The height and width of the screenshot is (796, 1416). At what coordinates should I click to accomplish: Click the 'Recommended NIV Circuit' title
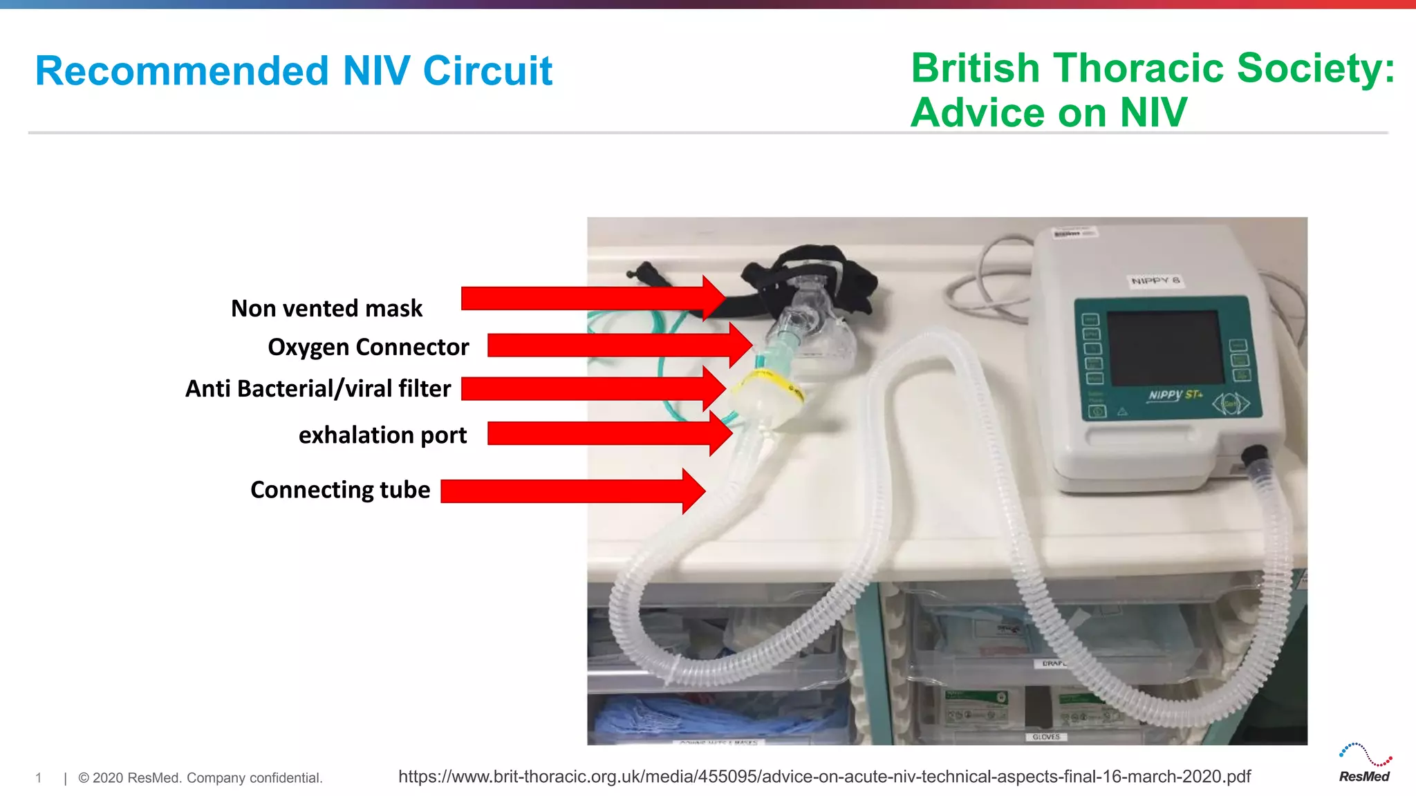293,71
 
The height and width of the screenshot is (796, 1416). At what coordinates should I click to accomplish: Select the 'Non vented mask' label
326,308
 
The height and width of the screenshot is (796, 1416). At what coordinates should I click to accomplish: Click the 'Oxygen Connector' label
368,347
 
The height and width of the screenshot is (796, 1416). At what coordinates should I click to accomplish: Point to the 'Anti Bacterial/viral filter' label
318,388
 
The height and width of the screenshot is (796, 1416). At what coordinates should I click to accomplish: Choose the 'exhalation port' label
382,435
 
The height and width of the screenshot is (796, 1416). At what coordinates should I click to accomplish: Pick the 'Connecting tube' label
340,490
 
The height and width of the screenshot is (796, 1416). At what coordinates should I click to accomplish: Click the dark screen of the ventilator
1165,348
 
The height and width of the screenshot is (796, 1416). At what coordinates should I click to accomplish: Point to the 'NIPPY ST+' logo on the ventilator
1175,395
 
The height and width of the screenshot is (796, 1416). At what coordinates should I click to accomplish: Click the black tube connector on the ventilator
1254,455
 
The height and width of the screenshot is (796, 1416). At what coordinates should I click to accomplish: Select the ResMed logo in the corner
1364,764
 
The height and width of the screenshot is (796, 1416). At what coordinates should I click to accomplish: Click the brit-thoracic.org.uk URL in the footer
824,777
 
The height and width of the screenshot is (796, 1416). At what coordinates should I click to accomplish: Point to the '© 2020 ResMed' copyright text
200,778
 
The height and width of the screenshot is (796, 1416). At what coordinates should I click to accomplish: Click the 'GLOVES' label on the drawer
1045,737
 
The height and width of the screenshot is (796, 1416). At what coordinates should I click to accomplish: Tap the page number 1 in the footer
39,778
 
